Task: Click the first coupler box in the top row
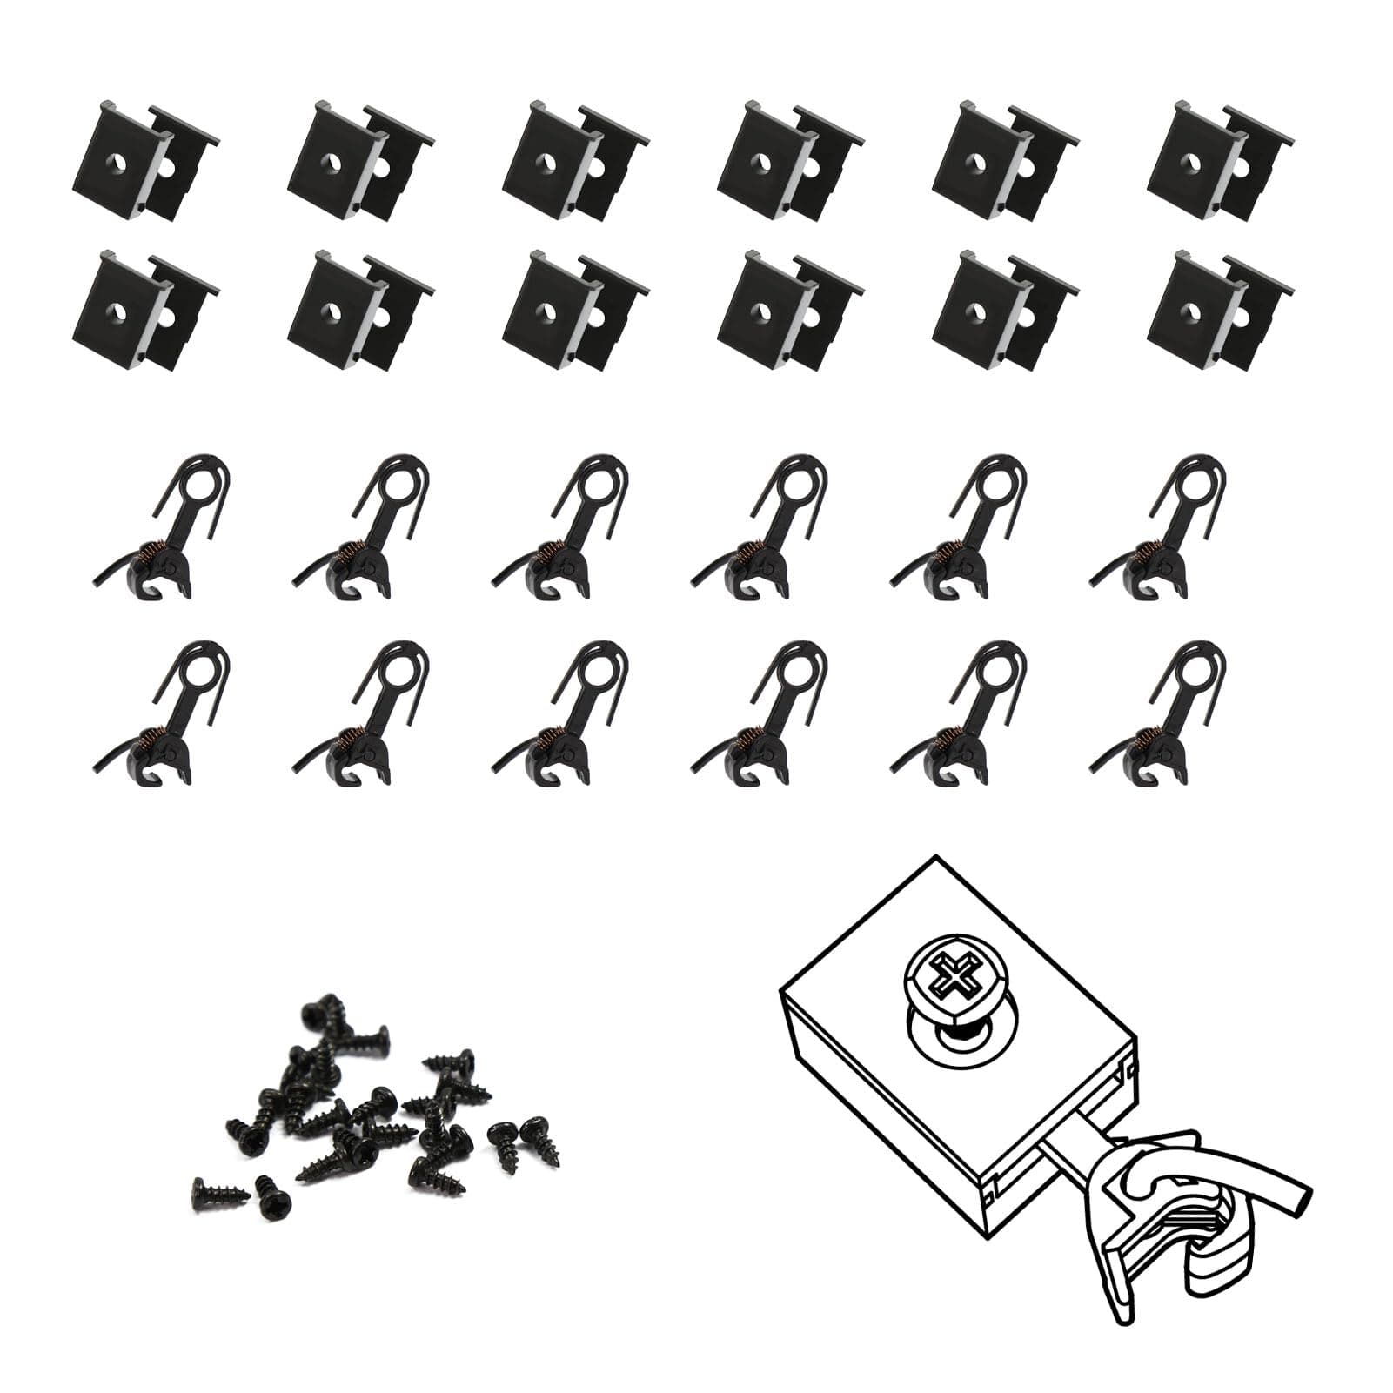coord(143,162)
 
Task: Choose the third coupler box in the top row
coord(574,162)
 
